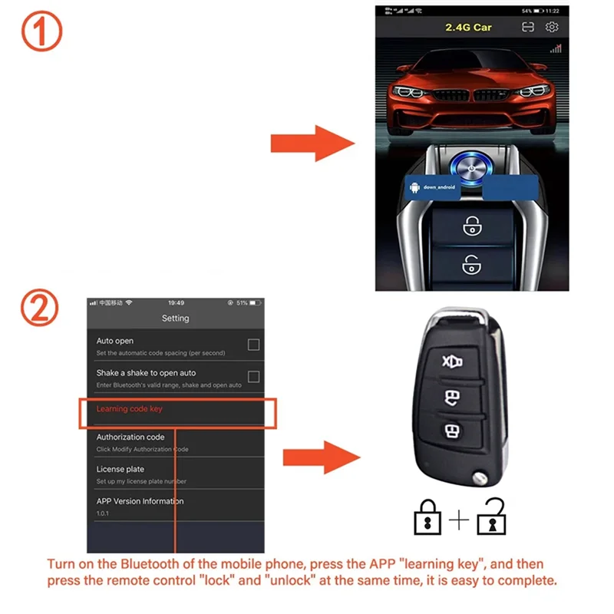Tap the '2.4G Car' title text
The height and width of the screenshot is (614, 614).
click(468, 28)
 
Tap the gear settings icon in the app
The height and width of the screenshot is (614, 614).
click(552, 28)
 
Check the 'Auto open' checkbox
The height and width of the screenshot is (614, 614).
click(253, 345)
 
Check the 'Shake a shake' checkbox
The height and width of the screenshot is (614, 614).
click(253, 377)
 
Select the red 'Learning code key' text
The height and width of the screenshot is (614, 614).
click(129, 409)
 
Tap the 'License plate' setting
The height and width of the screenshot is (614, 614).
click(120, 469)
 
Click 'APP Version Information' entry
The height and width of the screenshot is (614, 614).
click(140, 501)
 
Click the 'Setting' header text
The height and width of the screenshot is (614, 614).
click(175, 318)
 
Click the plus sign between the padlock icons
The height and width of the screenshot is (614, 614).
click(459, 520)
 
